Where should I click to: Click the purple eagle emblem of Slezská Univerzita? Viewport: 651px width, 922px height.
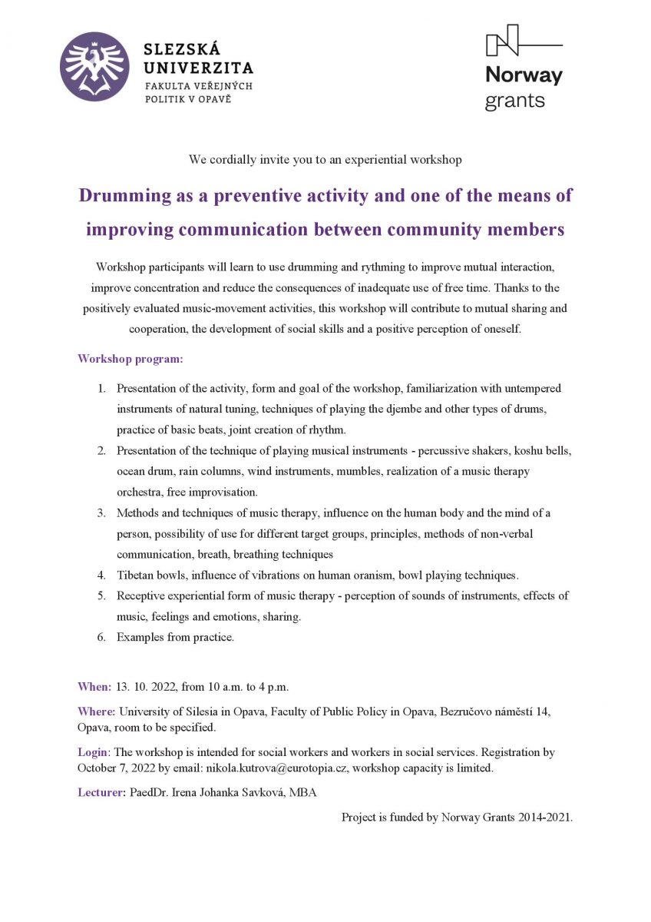click(95, 66)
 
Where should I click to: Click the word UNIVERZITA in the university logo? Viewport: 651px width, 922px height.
click(199, 68)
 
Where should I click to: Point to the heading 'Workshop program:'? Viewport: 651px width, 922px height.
click(131, 359)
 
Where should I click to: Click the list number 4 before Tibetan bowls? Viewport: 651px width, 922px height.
click(101, 575)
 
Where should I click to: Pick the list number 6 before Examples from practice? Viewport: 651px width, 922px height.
click(101, 637)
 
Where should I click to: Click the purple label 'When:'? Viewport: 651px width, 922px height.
click(94, 686)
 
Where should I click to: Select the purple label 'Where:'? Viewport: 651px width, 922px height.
click(97, 711)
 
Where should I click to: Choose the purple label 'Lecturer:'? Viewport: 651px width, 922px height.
click(101, 792)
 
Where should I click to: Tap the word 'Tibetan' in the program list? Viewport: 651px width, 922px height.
click(135, 575)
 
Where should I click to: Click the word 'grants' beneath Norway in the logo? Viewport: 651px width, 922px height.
click(515, 101)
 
